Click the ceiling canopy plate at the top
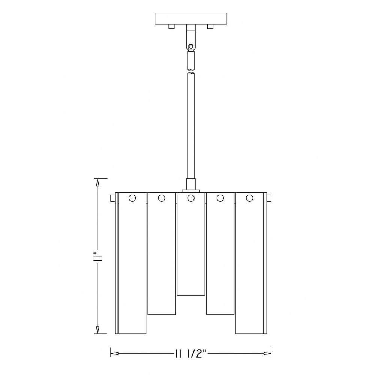(x=191, y=19)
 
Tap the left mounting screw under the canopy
(x=171, y=27)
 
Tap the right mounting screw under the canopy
(x=210, y=27)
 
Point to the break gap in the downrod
(x=190, y=71)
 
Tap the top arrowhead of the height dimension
(x=97, y=183)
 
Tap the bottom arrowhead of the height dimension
(x=97, y=330)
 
